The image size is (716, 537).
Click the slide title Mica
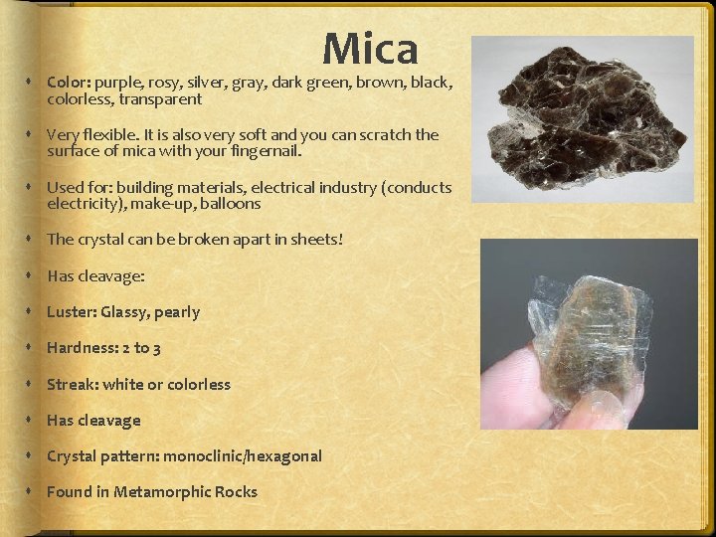370,48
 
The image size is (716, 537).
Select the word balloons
230,204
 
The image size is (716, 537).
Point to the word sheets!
317,240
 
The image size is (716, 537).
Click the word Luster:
72,312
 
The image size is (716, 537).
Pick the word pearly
177,312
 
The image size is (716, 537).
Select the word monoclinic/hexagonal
243,455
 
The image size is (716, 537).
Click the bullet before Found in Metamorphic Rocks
34,491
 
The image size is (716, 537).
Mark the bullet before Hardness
34,348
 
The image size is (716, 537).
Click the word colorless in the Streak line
199,384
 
